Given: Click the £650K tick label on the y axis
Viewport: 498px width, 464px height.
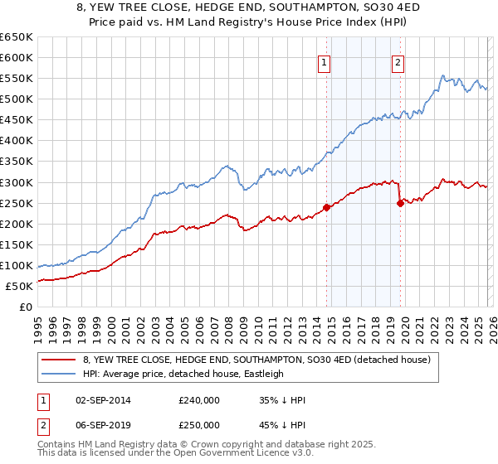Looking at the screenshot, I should click(17, 37).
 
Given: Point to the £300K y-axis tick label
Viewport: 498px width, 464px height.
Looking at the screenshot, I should click(17, 182).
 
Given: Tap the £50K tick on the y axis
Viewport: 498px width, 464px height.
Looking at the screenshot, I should click(19, 286).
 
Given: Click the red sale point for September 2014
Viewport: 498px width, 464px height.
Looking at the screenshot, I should click(326, 207).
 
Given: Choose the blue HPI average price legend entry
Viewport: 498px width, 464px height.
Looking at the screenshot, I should click(183, 374).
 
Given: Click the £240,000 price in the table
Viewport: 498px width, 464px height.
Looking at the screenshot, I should click(198, 400).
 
